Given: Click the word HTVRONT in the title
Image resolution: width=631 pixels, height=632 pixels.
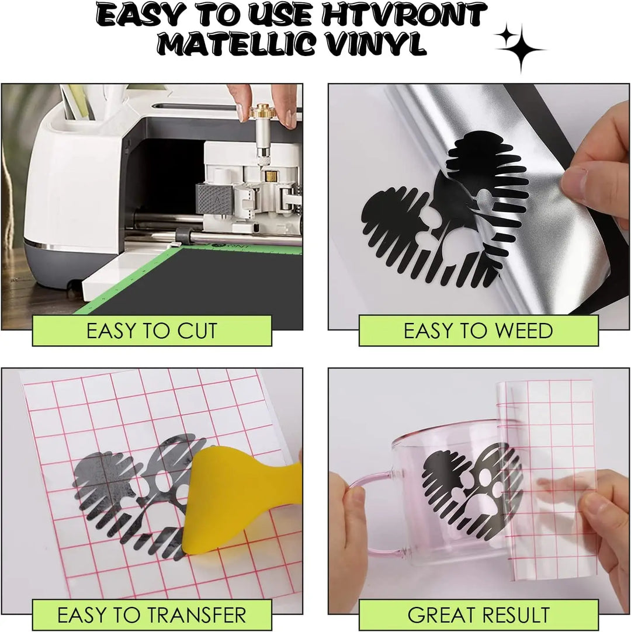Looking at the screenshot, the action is coord(404,15).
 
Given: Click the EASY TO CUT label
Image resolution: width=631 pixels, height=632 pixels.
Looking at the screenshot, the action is coord(152,331).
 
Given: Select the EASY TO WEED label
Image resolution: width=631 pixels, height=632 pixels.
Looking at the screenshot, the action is coord(478,331).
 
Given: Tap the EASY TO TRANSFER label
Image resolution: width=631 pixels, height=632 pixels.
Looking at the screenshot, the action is coord(151,615).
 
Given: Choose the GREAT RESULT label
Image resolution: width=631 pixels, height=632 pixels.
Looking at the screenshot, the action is coord(479,615).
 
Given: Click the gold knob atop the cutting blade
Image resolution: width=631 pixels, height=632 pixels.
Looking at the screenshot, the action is coord(261,112).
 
